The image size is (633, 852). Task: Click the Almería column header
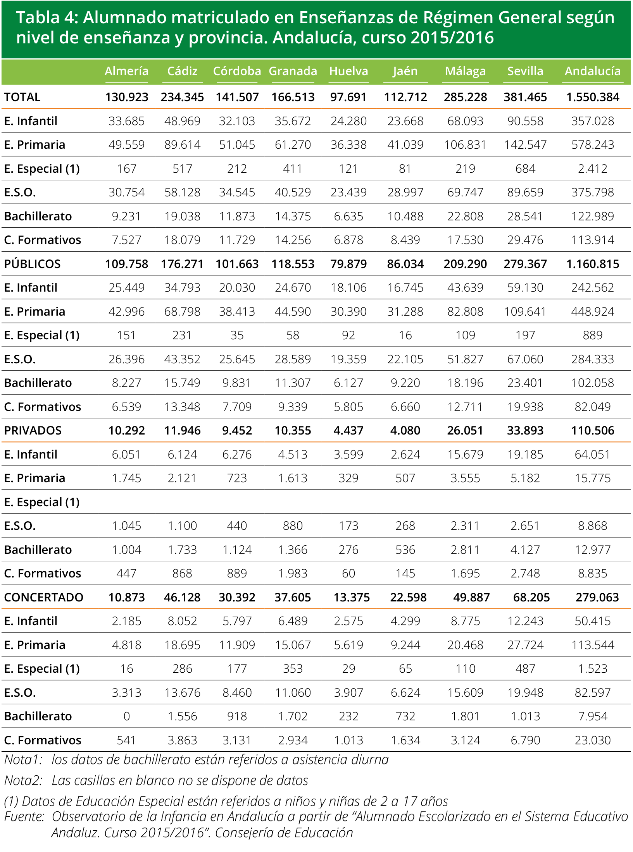coord(126,71)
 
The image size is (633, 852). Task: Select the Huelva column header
coord(348,71)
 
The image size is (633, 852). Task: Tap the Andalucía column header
coord(593,71)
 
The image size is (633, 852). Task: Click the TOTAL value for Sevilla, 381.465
coord(525,97)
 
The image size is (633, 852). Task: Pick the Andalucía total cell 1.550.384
coord(593,97)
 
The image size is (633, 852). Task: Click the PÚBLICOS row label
coord(32,264)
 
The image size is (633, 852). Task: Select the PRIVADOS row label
coord(33,430)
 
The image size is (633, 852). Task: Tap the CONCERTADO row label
coord(43,597)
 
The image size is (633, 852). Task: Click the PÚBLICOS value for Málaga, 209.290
coord(465,264)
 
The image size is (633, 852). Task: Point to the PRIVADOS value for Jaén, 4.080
coord(405,430)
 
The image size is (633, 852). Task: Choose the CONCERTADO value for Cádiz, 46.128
coord(182,597)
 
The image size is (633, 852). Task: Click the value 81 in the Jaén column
coord(405,168)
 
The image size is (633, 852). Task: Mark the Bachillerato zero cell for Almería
coord(126,716)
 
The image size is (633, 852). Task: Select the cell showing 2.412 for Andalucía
coord(593,168)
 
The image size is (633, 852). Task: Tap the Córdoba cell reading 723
coord(237,478)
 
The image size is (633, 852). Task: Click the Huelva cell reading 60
coord(348,573)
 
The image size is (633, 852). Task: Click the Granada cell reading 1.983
coord(293,573)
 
